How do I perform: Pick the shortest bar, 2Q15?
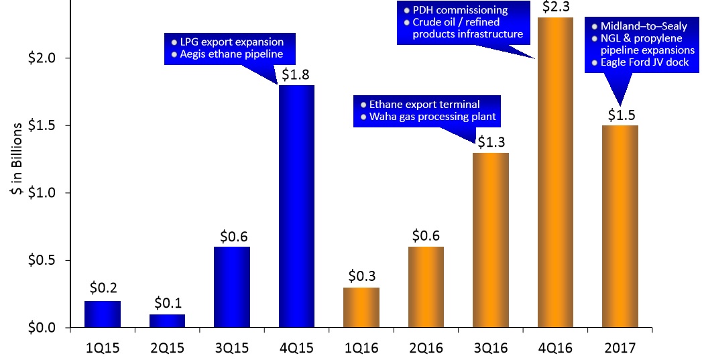[167, 320]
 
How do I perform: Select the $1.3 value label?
[491, 142]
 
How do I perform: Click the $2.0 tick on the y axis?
[44, 58]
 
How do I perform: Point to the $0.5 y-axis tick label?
[44, 260]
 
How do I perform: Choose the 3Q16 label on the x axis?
[491, 349]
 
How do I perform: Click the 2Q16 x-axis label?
[426, 349]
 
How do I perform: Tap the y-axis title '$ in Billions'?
[15, 162]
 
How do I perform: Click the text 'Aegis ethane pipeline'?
[231, 55]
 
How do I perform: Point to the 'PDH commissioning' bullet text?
[460, 10]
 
